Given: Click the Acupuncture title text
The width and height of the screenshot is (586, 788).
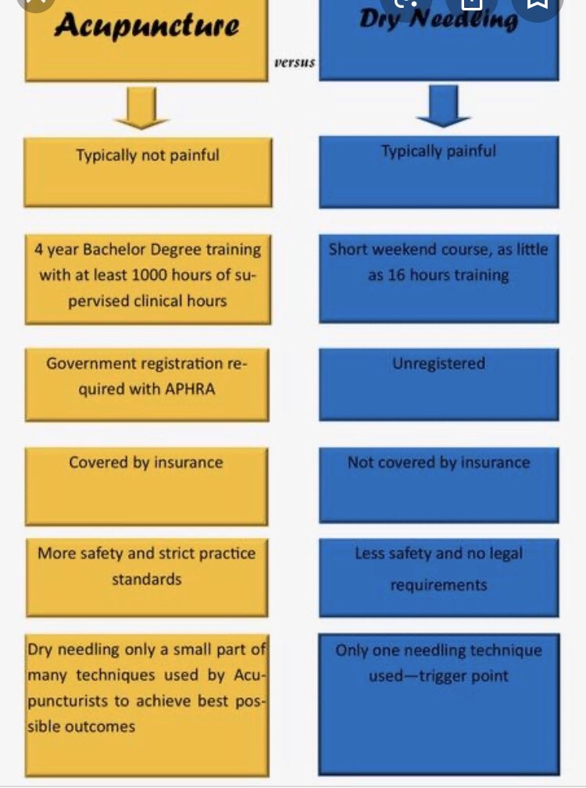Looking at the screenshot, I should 146,26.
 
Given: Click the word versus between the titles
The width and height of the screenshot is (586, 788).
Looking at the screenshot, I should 295,63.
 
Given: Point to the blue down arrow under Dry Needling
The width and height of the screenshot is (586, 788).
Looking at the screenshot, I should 443,106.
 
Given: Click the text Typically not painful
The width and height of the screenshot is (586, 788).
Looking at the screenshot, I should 148,155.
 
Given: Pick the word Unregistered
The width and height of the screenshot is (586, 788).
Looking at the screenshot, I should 438,364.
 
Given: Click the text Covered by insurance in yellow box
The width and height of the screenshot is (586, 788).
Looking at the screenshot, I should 146,462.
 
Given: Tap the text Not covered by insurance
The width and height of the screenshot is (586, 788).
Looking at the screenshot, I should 438,462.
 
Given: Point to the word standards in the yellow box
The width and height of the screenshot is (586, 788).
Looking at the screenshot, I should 146,579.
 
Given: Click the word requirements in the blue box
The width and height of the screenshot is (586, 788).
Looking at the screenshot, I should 438,585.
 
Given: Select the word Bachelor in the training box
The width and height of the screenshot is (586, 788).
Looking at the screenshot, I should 109,249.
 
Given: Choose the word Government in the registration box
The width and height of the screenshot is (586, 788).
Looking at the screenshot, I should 90,364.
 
